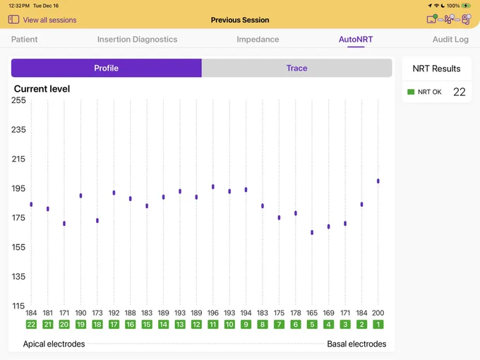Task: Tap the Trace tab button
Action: click(x=296, y=68)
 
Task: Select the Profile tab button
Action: click(x=106, y=68)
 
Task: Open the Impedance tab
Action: click(x=258, y=40)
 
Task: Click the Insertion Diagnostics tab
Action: click(x=137, y=40)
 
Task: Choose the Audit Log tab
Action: click(x=450, y=40)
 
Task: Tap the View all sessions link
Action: click(x=49, y=20)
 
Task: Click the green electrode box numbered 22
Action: click(x=31, y=324)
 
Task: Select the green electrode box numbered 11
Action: click(x=213, y=324)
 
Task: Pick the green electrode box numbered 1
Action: click(x=378, y=324)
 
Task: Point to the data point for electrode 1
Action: click(x=378, y=181)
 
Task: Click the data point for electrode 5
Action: click(x=312, y=232)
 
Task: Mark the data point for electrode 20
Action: click(x=64, y=224)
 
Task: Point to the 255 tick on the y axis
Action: click(x=18, y=100)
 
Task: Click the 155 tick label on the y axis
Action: click(x=18, y=247)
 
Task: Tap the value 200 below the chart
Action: click(x=378, y=313)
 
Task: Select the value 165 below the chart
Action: click(x=312, y=313)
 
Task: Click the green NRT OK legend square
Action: click(x=411, y=92)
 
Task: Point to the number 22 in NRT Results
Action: click(x=460, y=92)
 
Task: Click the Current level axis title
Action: click(x=42, y=89)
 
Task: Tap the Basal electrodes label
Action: click(x=356, y=344)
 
